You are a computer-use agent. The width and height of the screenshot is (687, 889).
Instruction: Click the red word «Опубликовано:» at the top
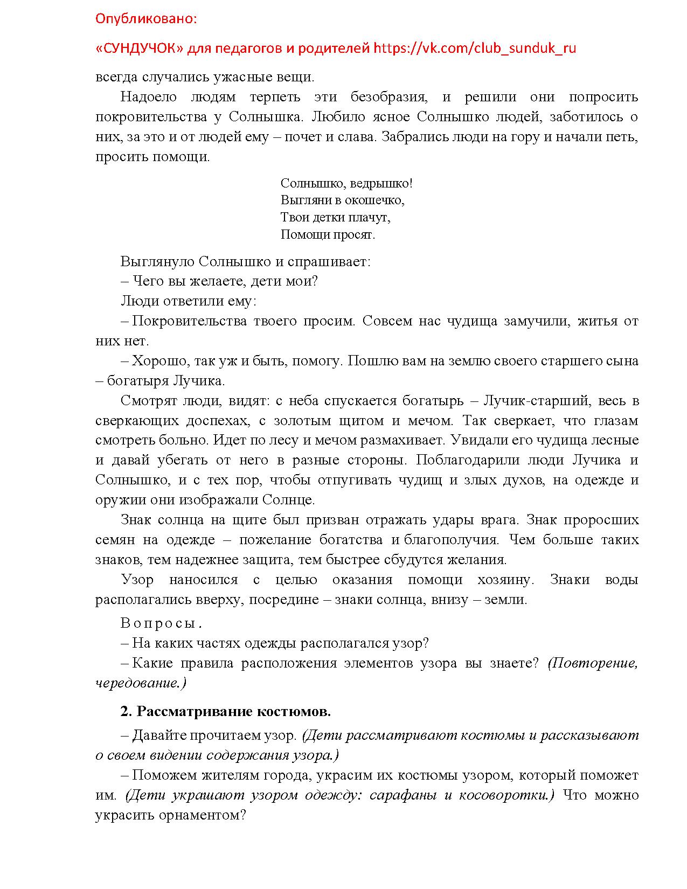click(x=146, y=19)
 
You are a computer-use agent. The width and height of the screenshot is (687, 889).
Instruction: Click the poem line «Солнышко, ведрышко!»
click(x=346, y=183)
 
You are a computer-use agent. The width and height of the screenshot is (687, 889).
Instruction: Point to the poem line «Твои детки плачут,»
click(x=335, y=217)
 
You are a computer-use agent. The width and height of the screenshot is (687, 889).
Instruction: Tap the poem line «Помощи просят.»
click(x=328, y=234)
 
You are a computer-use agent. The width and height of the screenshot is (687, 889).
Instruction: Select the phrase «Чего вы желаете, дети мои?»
click(x=225, y=281)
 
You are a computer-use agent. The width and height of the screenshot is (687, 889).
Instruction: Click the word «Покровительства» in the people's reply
click(x=189, y=321)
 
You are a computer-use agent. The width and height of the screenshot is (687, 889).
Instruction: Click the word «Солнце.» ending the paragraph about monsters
click(x=289, y=500)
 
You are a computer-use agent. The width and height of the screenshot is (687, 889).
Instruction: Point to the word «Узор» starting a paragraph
click(x=137, y=580)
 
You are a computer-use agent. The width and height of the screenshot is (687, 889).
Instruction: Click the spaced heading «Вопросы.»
click(x=161, y=623)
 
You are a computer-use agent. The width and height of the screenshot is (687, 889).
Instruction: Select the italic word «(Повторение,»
click(x=593, y=663)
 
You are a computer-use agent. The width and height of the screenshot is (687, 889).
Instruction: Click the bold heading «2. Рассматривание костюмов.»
click(x=225, y=711)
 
